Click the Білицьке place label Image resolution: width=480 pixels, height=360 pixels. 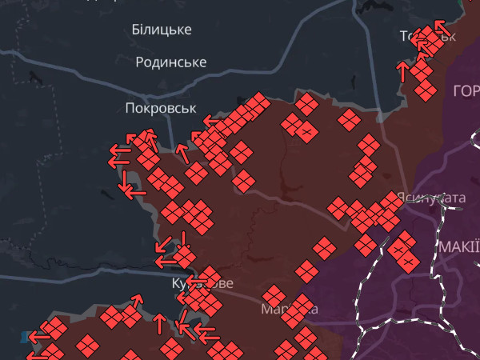coord(161,30)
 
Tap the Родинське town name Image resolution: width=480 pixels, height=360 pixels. coord(171,62)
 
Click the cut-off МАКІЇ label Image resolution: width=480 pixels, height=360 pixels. coord(459,246)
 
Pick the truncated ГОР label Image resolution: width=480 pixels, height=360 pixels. coord(466,90)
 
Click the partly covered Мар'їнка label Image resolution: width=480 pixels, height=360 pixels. coord(288,309)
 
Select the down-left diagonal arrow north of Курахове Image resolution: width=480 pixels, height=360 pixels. coord(162,243)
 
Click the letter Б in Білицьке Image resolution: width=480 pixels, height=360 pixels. coord(136,30)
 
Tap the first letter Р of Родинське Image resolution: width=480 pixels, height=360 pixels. coord(140,62)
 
